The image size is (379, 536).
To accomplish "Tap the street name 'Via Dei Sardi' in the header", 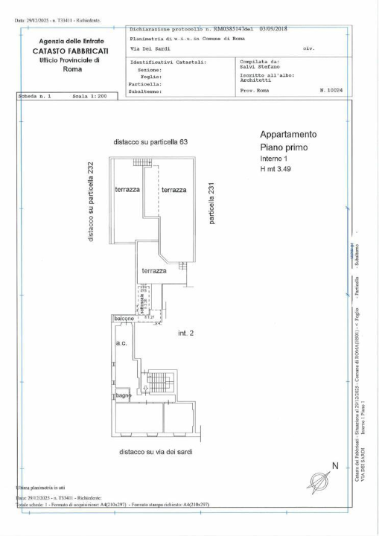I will click(x=151, y=48).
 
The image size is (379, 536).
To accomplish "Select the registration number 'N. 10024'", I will click(x=331, y=89).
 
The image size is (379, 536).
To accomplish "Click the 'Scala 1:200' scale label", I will click(x=90, y=97).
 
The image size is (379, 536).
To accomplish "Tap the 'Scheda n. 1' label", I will click(x=34, y=97).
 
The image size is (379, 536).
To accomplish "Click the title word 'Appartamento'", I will click(x=287, y=135).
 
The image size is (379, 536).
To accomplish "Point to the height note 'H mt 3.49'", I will click(x=278, y=170).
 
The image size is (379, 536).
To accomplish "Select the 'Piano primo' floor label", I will click(x=283, y=148).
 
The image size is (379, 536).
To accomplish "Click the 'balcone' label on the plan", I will click(x=124, y=319).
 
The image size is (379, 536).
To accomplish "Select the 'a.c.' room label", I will click(x=121, y=344).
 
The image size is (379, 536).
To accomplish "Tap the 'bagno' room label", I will click(x=123, y=395).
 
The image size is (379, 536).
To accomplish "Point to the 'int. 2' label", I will click(x=185, y=333).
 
